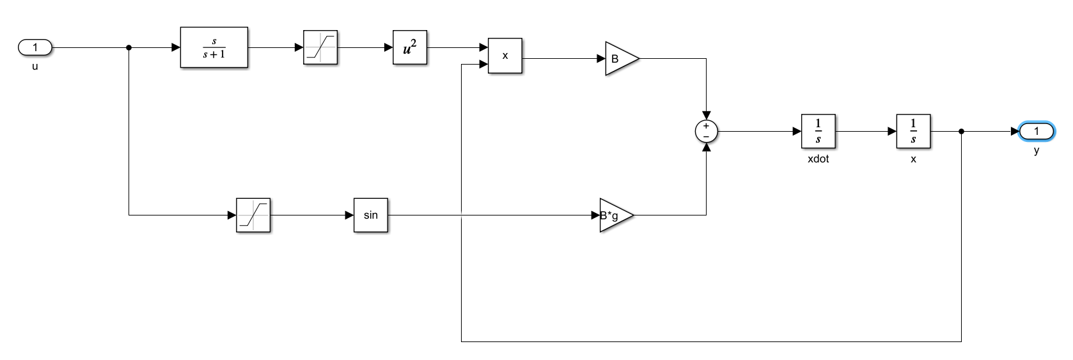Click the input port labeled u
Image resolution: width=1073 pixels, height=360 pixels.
pos(35,47)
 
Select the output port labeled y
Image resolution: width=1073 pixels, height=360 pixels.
pos(1036,131)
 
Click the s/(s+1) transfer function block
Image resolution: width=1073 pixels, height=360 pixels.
pos(214,47)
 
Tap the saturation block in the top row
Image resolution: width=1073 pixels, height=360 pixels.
pos(320,47)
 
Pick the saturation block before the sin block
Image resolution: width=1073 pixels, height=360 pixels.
pos(253,215)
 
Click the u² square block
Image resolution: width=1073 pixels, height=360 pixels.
pos(410,47)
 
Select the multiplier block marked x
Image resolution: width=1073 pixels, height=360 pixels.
pos(505,56)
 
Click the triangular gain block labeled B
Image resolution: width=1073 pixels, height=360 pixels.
pos(619,59)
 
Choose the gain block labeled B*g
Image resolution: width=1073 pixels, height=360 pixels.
pos(614,215)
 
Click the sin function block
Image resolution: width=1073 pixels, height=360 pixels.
pos(371,215)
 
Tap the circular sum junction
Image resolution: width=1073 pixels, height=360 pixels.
pos(706,131)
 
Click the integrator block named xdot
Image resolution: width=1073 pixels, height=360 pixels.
pos(818,131)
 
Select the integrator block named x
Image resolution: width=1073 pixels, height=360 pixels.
pos(913,131)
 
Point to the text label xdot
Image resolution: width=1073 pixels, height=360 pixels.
pos(818,159)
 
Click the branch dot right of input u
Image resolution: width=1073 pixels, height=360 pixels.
pos(129,47)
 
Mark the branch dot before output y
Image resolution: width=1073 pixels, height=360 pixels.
pos(961,131)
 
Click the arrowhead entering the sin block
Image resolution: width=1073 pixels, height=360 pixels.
pos(349,215)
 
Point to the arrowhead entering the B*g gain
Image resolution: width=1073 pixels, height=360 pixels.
pos(595,215)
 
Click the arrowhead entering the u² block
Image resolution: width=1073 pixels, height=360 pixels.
pos(388,47)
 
